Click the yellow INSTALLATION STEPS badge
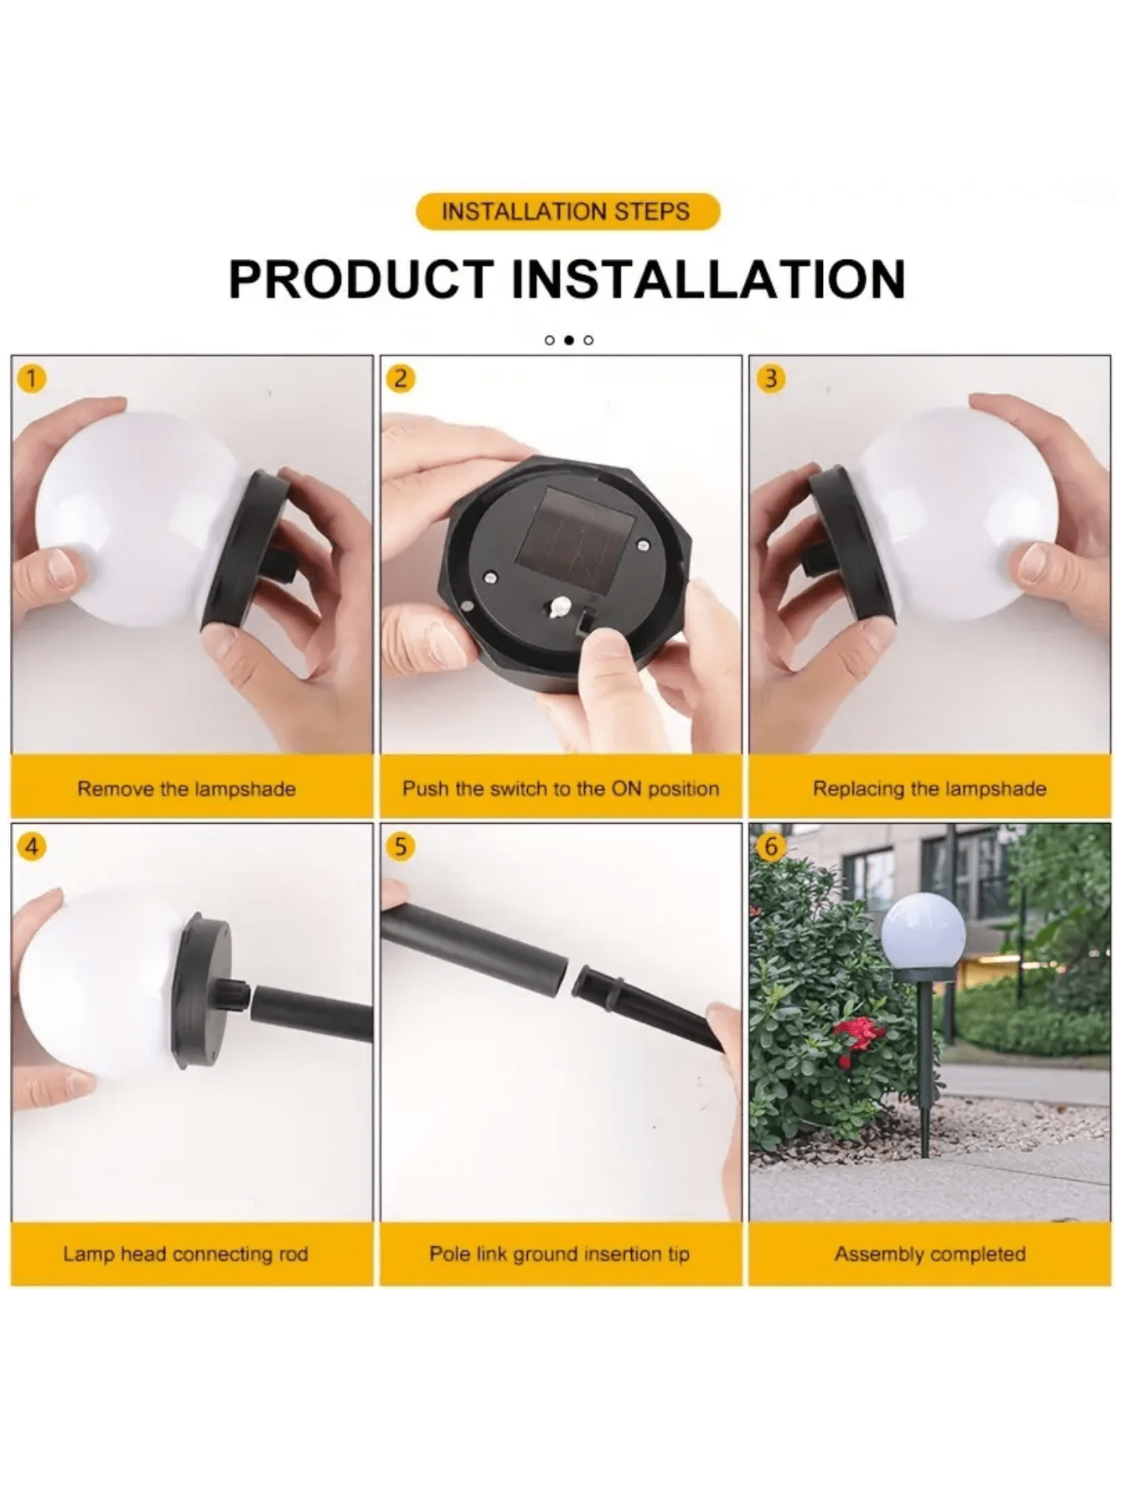567,211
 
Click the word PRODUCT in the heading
361,279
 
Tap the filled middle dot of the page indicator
569,340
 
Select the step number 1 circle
31,379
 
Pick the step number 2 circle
401,379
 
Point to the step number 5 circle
401,846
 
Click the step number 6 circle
770,846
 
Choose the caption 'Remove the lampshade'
187,789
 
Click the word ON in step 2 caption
625,789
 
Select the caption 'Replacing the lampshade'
929,789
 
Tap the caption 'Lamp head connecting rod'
185,1254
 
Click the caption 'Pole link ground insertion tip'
559,1254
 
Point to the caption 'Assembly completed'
929,1254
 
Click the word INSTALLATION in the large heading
708,279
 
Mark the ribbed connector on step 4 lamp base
237,997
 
